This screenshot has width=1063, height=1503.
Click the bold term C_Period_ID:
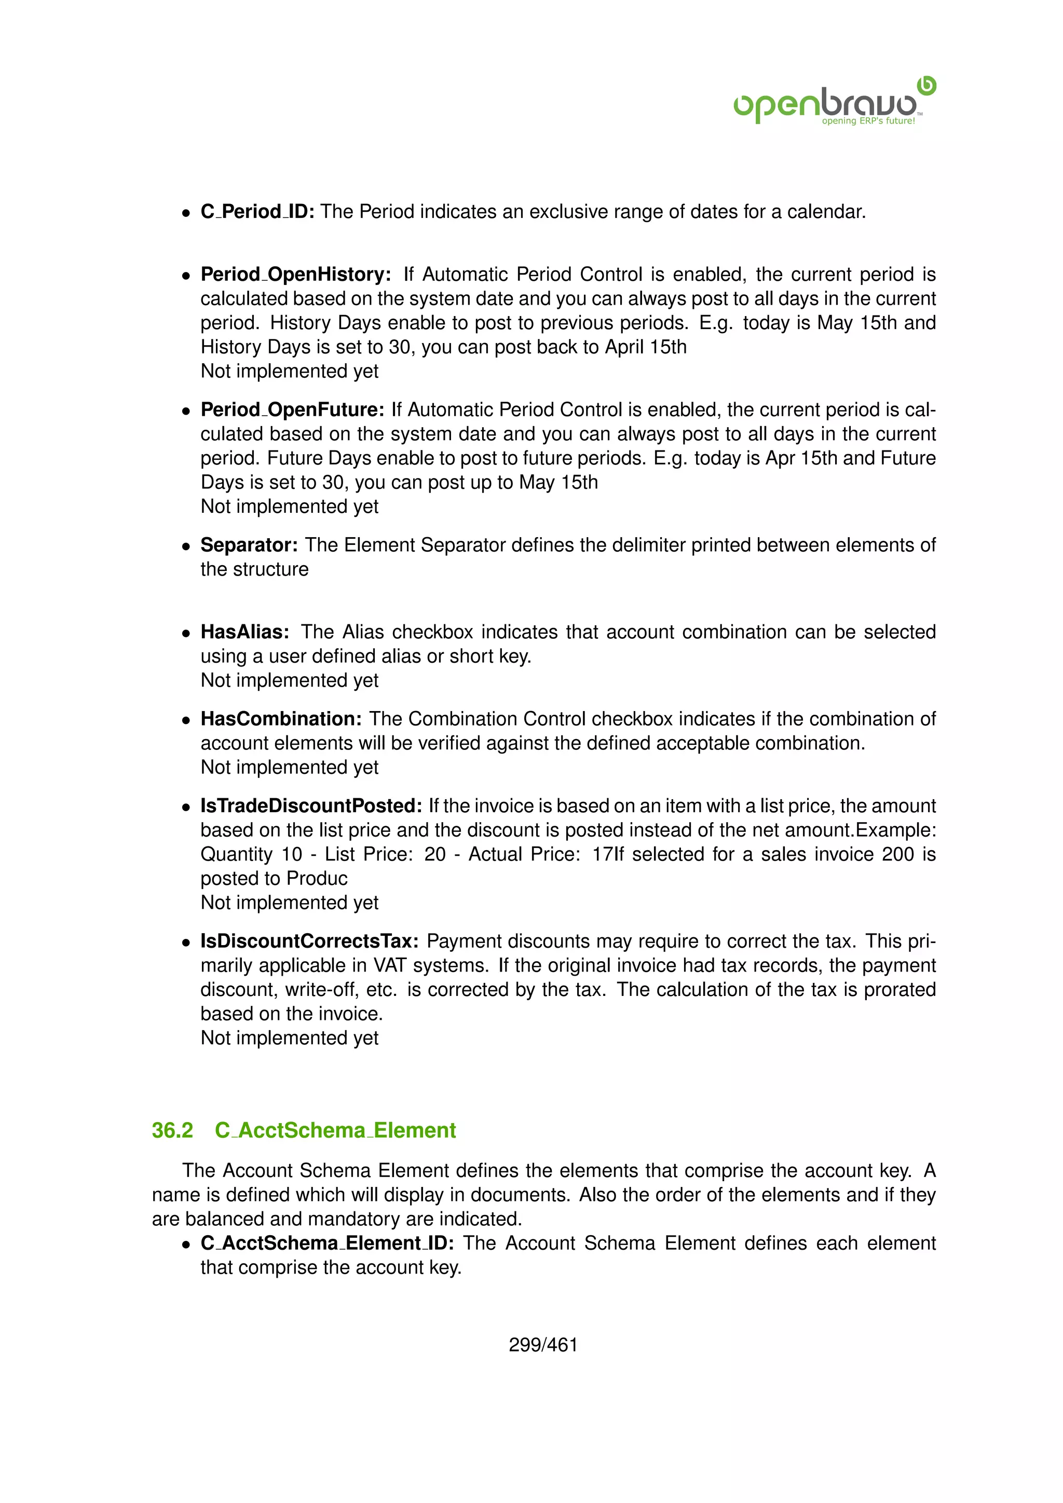(x=257, y=211)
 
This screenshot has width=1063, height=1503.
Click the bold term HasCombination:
(x=281, y=719)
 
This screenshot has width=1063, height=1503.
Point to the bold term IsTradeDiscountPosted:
(x=311, y=806)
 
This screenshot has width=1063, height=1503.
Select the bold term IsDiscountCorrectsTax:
(x=309, y=941)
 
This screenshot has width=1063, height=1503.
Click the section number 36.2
(x=172, y=1130)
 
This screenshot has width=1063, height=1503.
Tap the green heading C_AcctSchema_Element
(x=335, y=1130)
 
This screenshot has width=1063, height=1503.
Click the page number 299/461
(x=542, y=1345)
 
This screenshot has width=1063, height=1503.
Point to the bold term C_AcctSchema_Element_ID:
(x=326, y=1243)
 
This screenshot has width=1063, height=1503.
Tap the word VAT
(x=391, y=965)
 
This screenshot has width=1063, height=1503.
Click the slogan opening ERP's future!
(x=868, y=121)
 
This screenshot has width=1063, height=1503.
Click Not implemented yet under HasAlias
(x=289, y=681)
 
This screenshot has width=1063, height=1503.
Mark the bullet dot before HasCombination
(x=186, y=720)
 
